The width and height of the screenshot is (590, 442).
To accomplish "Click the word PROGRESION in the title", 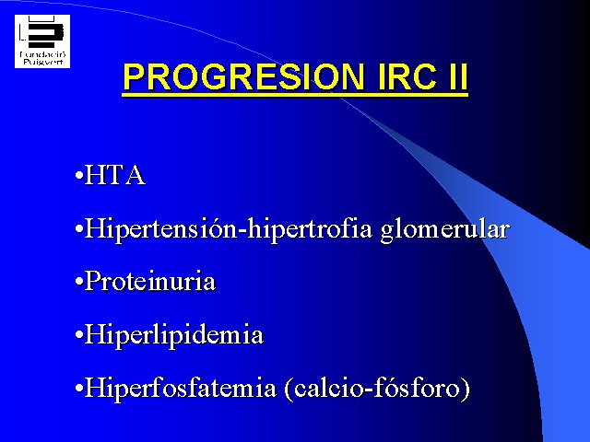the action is (x=243, y=76).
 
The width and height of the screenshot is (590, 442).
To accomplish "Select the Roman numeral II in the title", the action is (x=459, y=76).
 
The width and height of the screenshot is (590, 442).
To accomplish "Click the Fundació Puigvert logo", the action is (x=42, y=41).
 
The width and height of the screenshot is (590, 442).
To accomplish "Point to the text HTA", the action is (x=114, y=175).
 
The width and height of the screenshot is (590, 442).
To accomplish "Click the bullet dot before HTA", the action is (x=79, y=176).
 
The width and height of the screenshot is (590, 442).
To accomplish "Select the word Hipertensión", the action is (x=160, y=229).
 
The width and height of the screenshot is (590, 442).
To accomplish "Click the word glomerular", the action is (x=445, y=229).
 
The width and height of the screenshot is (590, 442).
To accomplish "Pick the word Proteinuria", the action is (x=149, y=281).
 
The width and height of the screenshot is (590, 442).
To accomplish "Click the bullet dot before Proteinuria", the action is (x=79, y=282).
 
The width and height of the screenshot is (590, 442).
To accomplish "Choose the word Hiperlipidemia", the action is (x=173, y=335).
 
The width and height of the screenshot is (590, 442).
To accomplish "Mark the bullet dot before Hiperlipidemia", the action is (x=79, y=334).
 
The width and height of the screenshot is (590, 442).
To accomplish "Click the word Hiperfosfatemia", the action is (x=181, y=388).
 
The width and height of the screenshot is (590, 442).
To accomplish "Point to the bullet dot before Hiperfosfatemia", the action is (x=79, y=389).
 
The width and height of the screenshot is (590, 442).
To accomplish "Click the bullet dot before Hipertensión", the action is (x=79, y=229).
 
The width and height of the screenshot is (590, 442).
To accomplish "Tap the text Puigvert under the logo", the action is (x=42, y=62).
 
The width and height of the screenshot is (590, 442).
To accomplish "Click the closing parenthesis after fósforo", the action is (x=466, y=390).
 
